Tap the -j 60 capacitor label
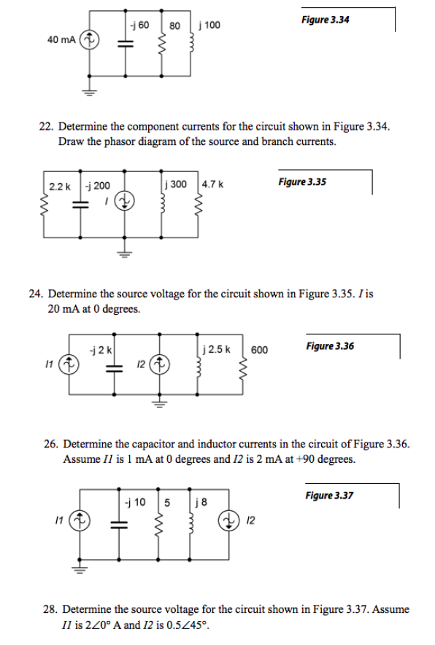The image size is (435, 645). (x=139, y=26)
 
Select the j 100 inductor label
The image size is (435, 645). (x=209, y=26)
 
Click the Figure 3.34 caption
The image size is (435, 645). (x=325, y=20)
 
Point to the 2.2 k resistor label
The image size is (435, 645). (x=59, y=186)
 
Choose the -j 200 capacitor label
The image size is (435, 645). (x=99, y=186)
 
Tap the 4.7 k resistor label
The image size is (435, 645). (x=212, y=186)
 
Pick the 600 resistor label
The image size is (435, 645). (x=259, y=350)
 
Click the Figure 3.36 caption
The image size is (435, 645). (x=330, y=345)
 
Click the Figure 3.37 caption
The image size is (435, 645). (x=329, y=496)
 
